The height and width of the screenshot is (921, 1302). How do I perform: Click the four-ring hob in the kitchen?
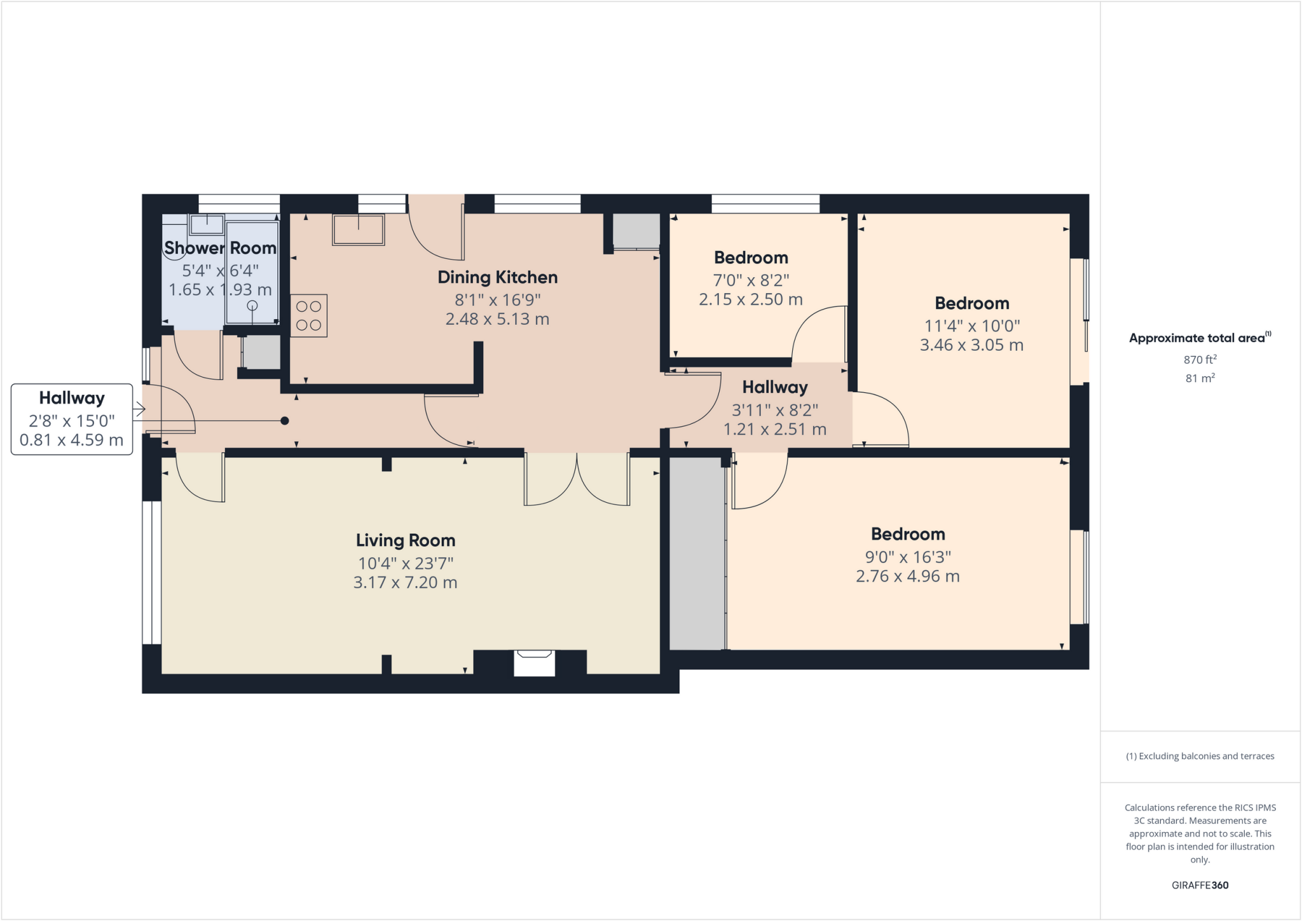coord(309,315)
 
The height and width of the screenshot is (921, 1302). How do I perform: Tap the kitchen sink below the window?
coord(359,229)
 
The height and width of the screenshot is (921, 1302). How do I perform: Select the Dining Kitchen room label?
coord(497,277)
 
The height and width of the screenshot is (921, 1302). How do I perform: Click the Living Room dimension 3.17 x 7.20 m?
coord(405,582)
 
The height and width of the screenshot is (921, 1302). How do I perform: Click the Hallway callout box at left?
coord(72,419)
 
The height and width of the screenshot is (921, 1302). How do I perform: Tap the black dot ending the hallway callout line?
coord(285,421)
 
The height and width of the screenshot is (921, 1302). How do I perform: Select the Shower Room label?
coord(220,248)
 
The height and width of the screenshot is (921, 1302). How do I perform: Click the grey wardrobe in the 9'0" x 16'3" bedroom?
coord(697,552)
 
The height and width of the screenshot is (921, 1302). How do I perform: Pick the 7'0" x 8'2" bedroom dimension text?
coord(751,280)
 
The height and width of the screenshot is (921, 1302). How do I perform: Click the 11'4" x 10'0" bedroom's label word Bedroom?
coord(971,303)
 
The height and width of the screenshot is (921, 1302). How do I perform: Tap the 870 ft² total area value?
coord(1200,360)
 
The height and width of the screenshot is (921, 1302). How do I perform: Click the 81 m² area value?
coord(1200,378)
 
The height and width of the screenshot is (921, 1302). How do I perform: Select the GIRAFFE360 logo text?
coord(1200,885)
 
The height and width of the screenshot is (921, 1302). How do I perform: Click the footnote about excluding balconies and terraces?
coord(1200,756)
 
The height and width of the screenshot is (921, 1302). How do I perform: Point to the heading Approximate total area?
coord(1197,338)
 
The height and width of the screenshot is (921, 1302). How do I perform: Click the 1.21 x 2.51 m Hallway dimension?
coord(774,429)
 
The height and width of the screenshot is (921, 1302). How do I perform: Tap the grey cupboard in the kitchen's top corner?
coord(636,231)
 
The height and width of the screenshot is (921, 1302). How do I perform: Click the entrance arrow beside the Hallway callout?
coord(139,410)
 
